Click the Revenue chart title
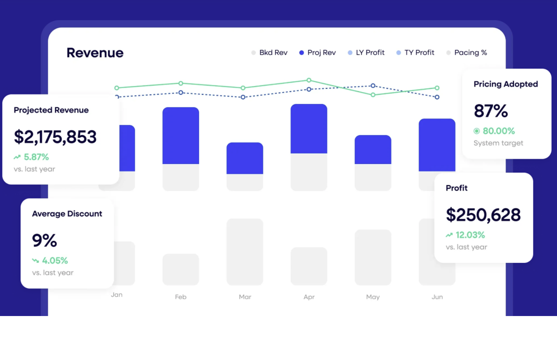click(x=95, y=52)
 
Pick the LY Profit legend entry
click(x=366, y=52)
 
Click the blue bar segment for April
click(x=309, y=129)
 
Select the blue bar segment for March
click(x=245, y=158)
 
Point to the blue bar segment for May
click(x=373, y=149)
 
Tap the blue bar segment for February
click(x=181, y=135)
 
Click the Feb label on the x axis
click(x=181, y=297)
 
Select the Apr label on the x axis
click(x=309, y=297)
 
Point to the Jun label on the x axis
click(x=437, y=297)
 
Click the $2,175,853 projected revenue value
click(x=55, y=137)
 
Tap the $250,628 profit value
click(x=483, y=215)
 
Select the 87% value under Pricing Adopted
click(x=490, y=111)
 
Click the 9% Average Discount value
click(x=44, y=240)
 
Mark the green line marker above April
click(x=309, y=80)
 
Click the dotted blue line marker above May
click(x=373, y=86)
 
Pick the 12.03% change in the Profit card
click(x=470, y=235)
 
